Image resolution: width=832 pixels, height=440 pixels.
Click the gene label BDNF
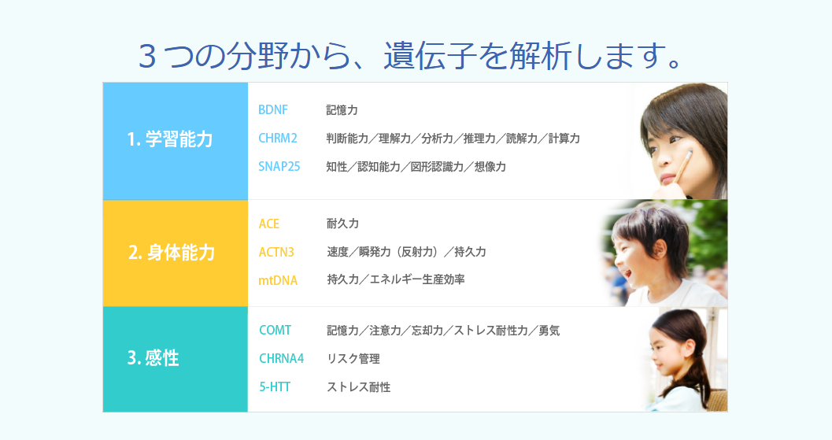pos(273,110)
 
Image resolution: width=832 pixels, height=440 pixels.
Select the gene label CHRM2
pos(278,139)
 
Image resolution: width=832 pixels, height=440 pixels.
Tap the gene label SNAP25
pos(279,167)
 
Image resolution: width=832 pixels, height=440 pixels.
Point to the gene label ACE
pos(269,224)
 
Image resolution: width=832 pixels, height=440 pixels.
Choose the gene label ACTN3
pos(276,252)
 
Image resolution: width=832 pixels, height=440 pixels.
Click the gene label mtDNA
pos(278,279)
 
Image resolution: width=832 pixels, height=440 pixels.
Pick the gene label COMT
pos(275,331)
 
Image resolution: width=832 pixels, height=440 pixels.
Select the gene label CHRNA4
pos(281,359)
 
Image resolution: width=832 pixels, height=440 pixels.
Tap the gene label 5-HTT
pos(275,386)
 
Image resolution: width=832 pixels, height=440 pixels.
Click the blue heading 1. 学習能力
pos(170,140)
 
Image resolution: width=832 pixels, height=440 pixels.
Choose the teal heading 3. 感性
pos(153,359)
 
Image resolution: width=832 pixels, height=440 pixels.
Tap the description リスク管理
pos(353,359)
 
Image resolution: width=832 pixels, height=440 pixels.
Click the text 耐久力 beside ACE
pos(342,224)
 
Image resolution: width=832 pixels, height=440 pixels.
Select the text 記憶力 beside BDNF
pos(342,110)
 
